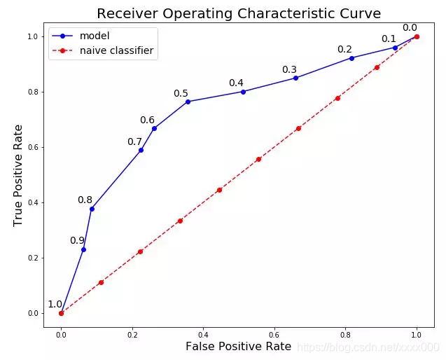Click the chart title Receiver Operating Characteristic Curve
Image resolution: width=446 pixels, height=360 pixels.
click(239, 14)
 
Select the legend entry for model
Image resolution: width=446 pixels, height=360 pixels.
click(81, 36)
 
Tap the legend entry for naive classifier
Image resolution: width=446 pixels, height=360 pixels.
click(103, 50)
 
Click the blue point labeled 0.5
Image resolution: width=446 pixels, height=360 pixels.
click(188, 102)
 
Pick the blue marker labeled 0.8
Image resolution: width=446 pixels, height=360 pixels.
click(92, 209)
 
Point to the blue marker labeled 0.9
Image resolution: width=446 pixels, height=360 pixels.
click(83, 250)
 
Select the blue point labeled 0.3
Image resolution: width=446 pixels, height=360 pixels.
click(295, 78)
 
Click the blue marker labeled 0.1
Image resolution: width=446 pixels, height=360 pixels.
click(395, 48)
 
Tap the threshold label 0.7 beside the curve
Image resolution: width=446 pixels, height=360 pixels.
click(134, 141)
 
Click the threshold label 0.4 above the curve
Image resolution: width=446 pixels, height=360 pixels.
click(236, 83)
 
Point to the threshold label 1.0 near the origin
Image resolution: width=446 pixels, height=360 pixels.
click(55, 305)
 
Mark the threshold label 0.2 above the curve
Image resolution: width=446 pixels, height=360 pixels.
click(344, 50)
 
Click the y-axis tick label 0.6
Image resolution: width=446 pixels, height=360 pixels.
click(33, 147)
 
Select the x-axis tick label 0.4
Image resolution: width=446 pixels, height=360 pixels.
click(203, 335)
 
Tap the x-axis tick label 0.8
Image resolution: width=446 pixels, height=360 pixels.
click(345, 335)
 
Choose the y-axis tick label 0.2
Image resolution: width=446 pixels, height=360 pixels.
click(33, 258)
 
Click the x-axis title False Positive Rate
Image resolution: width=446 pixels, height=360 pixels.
click(238, 347)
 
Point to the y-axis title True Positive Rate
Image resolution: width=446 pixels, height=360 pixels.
click(18, 176)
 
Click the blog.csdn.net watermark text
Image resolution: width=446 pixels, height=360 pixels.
click(368, 347)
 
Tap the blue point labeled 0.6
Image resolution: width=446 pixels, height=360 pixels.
click(154, 129)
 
